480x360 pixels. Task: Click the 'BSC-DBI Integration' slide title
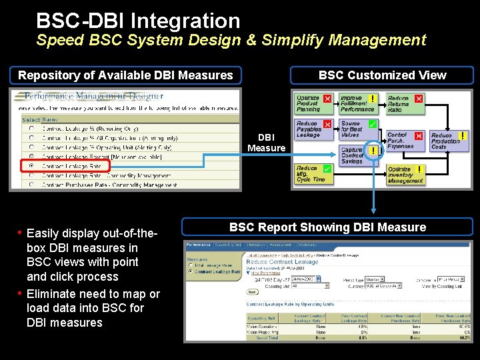click(x=138, y=21)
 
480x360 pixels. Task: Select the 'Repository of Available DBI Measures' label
click(x=125, y=75)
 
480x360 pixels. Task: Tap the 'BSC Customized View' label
click(x=382, y=75)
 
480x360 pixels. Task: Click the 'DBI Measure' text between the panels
click(x=266, y=143)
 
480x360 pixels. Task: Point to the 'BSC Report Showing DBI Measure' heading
click(x=327, y=227)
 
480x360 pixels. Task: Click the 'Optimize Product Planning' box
click(x=313, y=103)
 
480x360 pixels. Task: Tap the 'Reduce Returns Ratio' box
click(x=404, y=103)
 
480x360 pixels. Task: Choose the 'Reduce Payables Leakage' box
click(x=313, y=129)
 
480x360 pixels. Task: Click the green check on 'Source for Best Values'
click(x=372, y=123)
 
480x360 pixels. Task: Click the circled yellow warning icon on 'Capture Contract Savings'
click(x=374, y=151)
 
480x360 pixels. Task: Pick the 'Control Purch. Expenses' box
click(x=403, y=140)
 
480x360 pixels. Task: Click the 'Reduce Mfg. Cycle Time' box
click(x=314, y=174)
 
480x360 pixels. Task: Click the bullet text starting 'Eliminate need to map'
click(x=93, y=308)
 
